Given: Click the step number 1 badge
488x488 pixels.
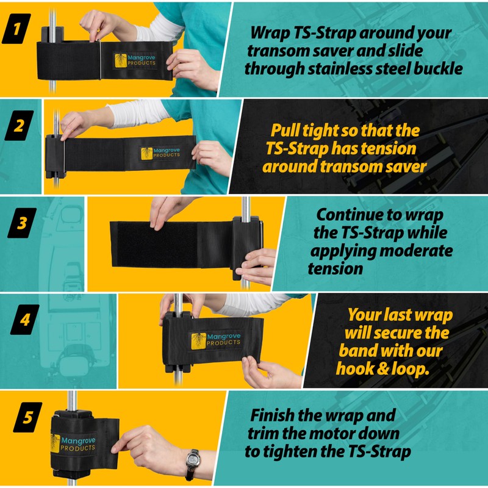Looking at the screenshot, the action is point(16,29).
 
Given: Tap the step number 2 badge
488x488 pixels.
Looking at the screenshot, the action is point(19,126).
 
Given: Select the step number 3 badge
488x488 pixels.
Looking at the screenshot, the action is point(22,223).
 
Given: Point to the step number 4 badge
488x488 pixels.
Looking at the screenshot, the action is point(24,320).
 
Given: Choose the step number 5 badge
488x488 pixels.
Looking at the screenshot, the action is point(27,417).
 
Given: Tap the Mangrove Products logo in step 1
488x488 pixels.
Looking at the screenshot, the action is point(135,60).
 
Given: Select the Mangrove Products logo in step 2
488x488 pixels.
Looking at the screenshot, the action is point(160,153).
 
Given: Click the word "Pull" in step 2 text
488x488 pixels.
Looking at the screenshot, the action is point(285,131).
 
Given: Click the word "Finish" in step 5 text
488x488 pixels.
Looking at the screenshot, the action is point(272,415).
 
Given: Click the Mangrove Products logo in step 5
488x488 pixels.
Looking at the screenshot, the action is point(74,444).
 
